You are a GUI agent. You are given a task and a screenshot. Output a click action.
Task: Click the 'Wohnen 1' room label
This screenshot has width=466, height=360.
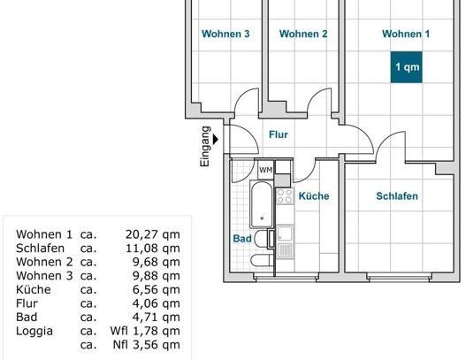tap(406, 34)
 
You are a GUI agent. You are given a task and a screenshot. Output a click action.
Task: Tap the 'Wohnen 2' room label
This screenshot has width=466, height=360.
tap(303, 34)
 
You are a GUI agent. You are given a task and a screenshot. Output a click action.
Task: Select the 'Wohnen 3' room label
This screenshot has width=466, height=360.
tap(225, 34)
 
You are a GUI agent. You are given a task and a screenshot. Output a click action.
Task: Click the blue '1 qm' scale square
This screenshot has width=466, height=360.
tap(408, 68)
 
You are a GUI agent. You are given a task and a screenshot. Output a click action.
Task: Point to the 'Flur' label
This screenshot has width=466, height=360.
tap(279, 135)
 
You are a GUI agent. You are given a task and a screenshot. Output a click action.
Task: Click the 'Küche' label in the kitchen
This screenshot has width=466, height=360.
tap(313, 196)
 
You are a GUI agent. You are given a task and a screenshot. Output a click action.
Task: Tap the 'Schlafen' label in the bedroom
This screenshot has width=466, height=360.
tap(396, 196)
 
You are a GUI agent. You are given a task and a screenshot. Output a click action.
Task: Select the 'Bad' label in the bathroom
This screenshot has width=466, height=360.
tap(241, 239)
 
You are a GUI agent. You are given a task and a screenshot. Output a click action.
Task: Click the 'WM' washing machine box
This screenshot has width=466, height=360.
tap(265, 170)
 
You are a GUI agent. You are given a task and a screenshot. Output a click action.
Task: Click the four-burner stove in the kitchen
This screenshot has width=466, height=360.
tap(285, 196)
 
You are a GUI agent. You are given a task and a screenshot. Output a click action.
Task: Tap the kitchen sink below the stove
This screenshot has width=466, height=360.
tap(285, 236)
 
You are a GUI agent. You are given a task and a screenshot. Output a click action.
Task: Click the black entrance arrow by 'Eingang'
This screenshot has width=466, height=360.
tap(218, 138)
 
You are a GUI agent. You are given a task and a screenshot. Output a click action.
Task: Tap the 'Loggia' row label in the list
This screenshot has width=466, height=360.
tap(34, 332)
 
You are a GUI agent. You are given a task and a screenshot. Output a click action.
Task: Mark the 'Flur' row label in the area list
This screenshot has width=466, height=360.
tap(27, 304)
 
